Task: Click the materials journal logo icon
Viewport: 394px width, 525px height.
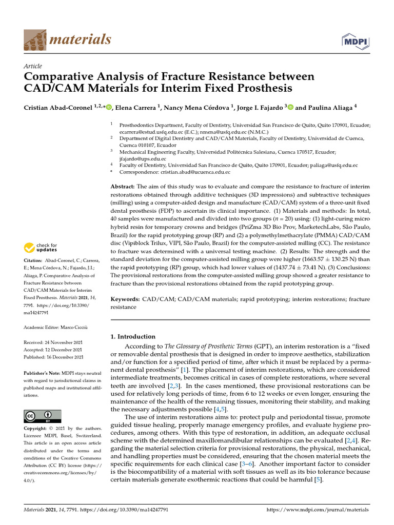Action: (x=35, y=39)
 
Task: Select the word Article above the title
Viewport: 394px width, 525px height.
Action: (x=33, y=66)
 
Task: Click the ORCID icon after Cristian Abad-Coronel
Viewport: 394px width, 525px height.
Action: (x=109, y=107)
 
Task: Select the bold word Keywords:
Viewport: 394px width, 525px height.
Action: (x=125, y=298)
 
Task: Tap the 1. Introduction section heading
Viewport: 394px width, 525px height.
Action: (x=133, y=337)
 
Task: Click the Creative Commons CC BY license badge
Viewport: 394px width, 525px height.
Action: (x=43, y=416)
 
